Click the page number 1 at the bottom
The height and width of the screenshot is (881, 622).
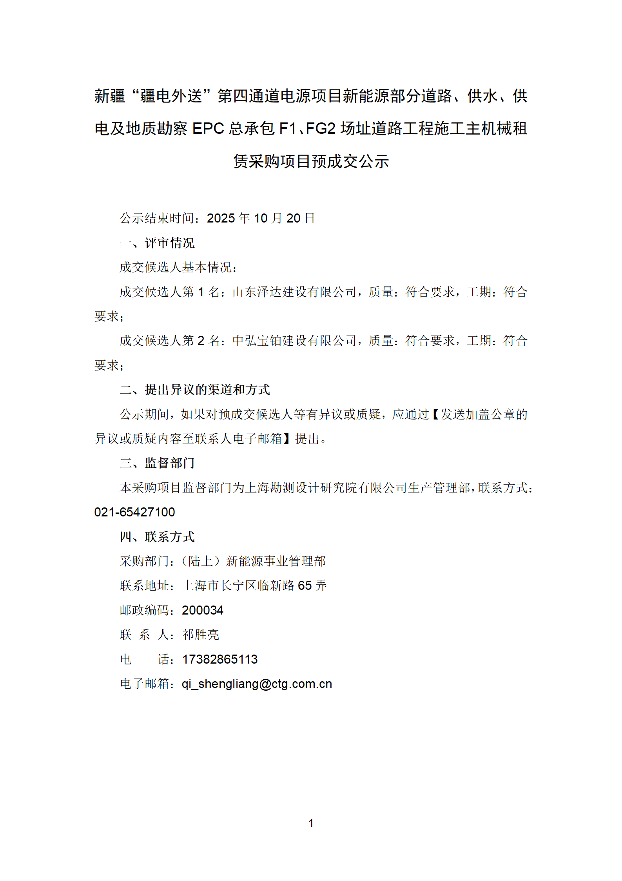(x=311, y=823)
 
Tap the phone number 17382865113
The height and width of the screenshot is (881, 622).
(x=220, y=659)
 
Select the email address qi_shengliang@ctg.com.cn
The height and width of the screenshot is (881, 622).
(x=257, y=684)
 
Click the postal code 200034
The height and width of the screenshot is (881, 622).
(x=202, y=610)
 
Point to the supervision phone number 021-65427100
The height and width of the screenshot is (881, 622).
(x=134, y=512)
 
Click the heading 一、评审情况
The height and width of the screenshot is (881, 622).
(x=157, y=243)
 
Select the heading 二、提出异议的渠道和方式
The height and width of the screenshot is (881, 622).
(x=195, y=390)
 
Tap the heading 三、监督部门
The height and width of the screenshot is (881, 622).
(x=157, y=463)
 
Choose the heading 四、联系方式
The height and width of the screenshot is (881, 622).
(x=157, y=537)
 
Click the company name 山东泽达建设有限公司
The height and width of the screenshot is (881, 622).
(x=295, y=292)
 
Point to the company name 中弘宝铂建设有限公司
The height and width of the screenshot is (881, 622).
(x=295, y=341)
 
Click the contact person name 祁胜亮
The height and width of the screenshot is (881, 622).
(x=201, y=635)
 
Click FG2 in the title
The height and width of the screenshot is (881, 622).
(x=320, y=129)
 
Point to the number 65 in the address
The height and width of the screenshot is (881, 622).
(x=305, y=586)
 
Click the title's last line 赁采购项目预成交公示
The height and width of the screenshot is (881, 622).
(x=311, y=161)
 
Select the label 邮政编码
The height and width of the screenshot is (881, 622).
(x=145, y=610)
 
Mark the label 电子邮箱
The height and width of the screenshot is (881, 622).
(x=145, y=684)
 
